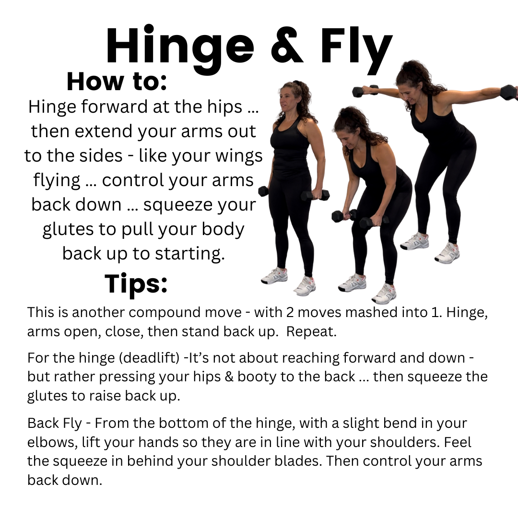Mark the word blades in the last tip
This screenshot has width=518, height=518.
click(331, 461)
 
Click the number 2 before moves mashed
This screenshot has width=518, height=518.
click(281, 312)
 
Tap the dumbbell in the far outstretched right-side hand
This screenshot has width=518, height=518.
click(508, 92)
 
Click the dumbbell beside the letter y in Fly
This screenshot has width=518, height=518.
click(365, 91)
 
